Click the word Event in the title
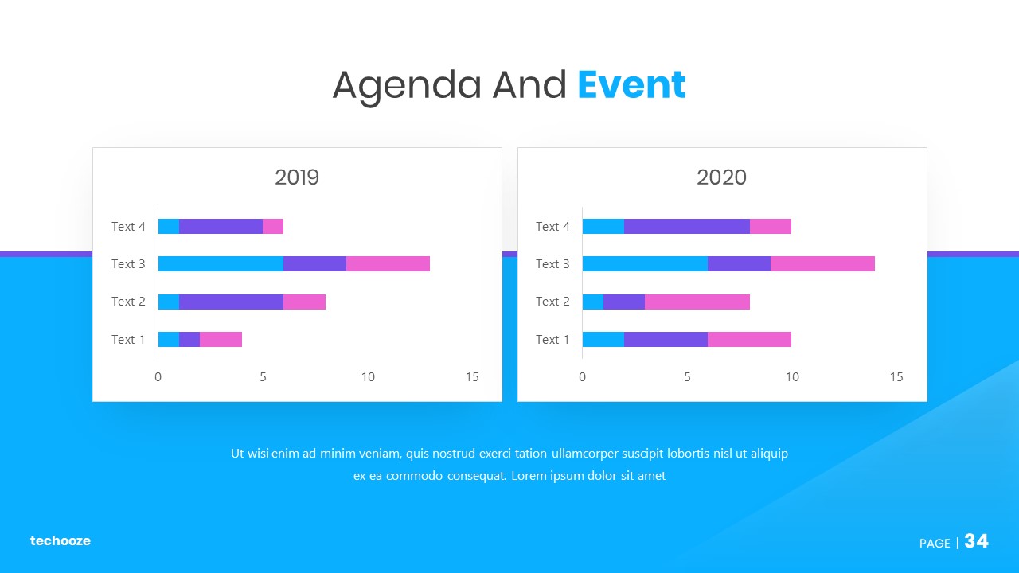point(631,84)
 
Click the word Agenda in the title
point(407,87)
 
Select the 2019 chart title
point(297,177)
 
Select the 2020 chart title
point(721,177)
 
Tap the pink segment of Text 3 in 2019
point(388,263)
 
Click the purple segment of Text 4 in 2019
point(221,227)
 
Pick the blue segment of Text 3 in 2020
point(645,263)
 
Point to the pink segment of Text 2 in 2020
point(697,302)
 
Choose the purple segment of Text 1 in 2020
point(666,339)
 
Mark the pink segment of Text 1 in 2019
point(221,339)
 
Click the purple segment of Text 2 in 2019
point(231,302)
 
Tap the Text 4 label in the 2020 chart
point(552,227)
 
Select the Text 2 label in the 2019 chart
point(128,302)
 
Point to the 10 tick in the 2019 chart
point(368,377)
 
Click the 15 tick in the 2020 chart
point(896,377)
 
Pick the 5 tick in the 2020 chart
point(687,377)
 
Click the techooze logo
point(60,540)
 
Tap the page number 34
point(976,540)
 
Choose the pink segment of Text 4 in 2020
point(770,227)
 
